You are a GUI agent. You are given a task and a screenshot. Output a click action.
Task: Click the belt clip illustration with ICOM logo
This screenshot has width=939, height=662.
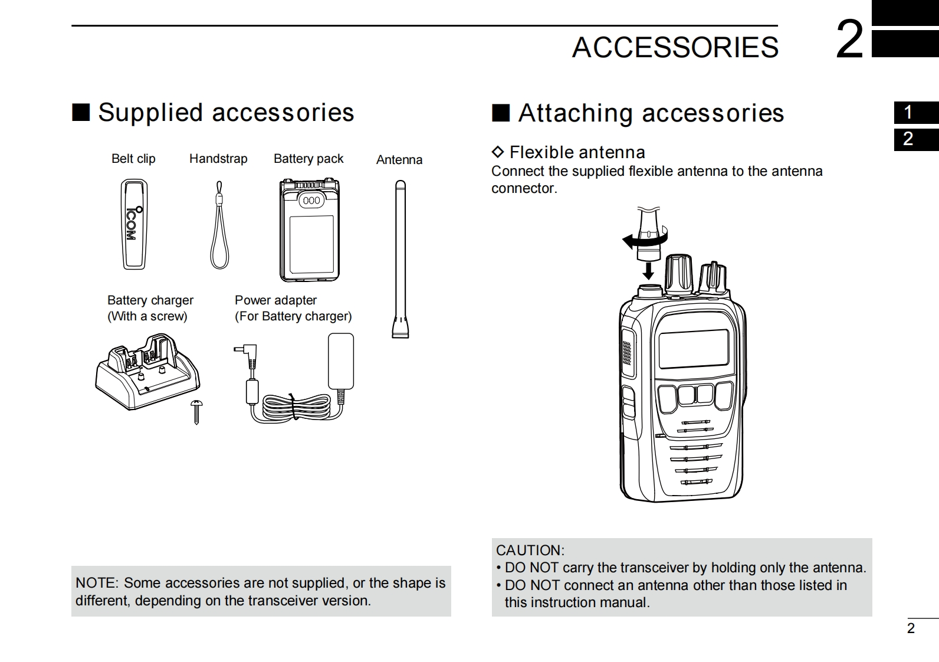coord(134,224)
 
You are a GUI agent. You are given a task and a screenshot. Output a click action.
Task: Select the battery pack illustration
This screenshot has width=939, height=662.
coord(310,230)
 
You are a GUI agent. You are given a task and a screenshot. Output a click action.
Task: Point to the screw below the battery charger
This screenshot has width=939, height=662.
coord(196,411)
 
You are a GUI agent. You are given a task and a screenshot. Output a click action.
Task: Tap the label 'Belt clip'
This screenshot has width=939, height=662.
coord(133,159)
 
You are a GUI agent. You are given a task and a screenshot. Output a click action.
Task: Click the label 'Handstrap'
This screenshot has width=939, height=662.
coord(218,159)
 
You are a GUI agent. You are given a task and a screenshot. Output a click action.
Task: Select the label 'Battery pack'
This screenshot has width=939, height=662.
coord(308,159)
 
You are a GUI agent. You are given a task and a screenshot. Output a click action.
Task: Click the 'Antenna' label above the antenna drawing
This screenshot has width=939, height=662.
coord(399,160)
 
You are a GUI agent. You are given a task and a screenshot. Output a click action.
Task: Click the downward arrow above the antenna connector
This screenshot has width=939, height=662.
coord(648,270)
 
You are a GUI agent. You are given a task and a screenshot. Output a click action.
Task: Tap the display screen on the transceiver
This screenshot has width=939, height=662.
coord(694,348)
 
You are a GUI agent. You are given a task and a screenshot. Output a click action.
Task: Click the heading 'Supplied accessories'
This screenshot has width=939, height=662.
coord(225,112)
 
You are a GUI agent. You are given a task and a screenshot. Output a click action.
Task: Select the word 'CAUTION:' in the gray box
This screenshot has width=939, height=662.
coord(530,550)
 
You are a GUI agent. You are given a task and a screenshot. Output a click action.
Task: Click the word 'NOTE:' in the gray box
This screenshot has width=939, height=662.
coord(97,583)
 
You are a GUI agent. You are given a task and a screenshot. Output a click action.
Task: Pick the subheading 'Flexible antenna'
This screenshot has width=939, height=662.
coord(577,152)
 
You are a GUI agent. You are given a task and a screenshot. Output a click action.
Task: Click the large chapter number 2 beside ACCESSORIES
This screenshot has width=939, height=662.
coord(850,40)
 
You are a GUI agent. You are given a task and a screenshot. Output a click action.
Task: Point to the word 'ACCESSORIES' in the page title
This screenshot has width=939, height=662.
coord(675,47)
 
